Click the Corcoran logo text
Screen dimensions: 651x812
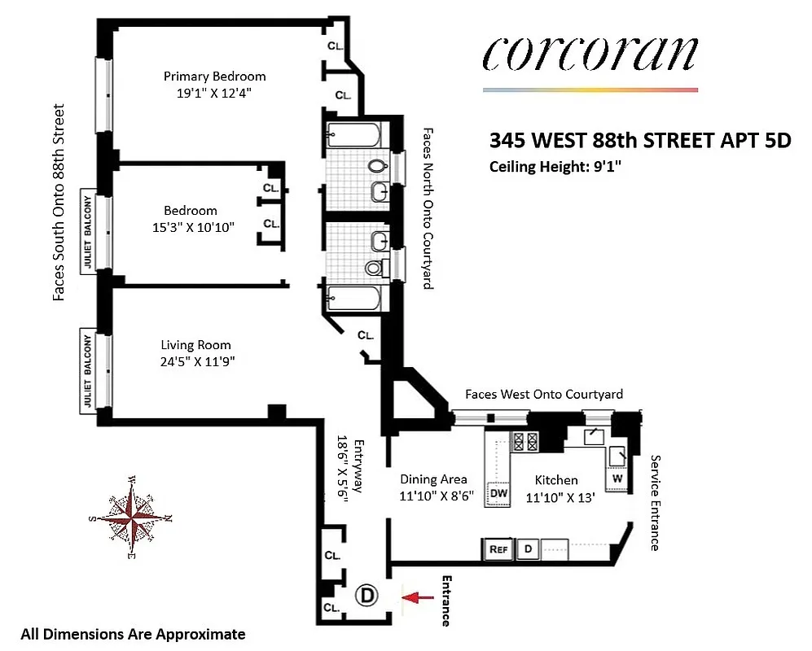click(589, 53)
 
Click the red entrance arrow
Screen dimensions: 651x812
click(419, 598)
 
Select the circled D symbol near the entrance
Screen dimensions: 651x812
click(366, 596)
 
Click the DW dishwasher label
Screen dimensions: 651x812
click(498, 493)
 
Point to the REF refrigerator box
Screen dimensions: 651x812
click(498, 549)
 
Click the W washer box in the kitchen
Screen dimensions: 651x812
click(617, 478)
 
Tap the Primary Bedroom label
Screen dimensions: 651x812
click(214, 76)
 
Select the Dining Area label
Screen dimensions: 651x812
click(433, 479)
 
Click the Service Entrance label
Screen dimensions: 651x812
click(655, 502)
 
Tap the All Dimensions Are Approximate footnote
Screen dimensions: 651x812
click(133, 634)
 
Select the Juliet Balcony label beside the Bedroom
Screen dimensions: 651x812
click(87, 230)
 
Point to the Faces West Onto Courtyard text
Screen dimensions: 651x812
click(543, 394)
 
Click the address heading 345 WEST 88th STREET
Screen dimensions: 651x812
click(640, 140)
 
